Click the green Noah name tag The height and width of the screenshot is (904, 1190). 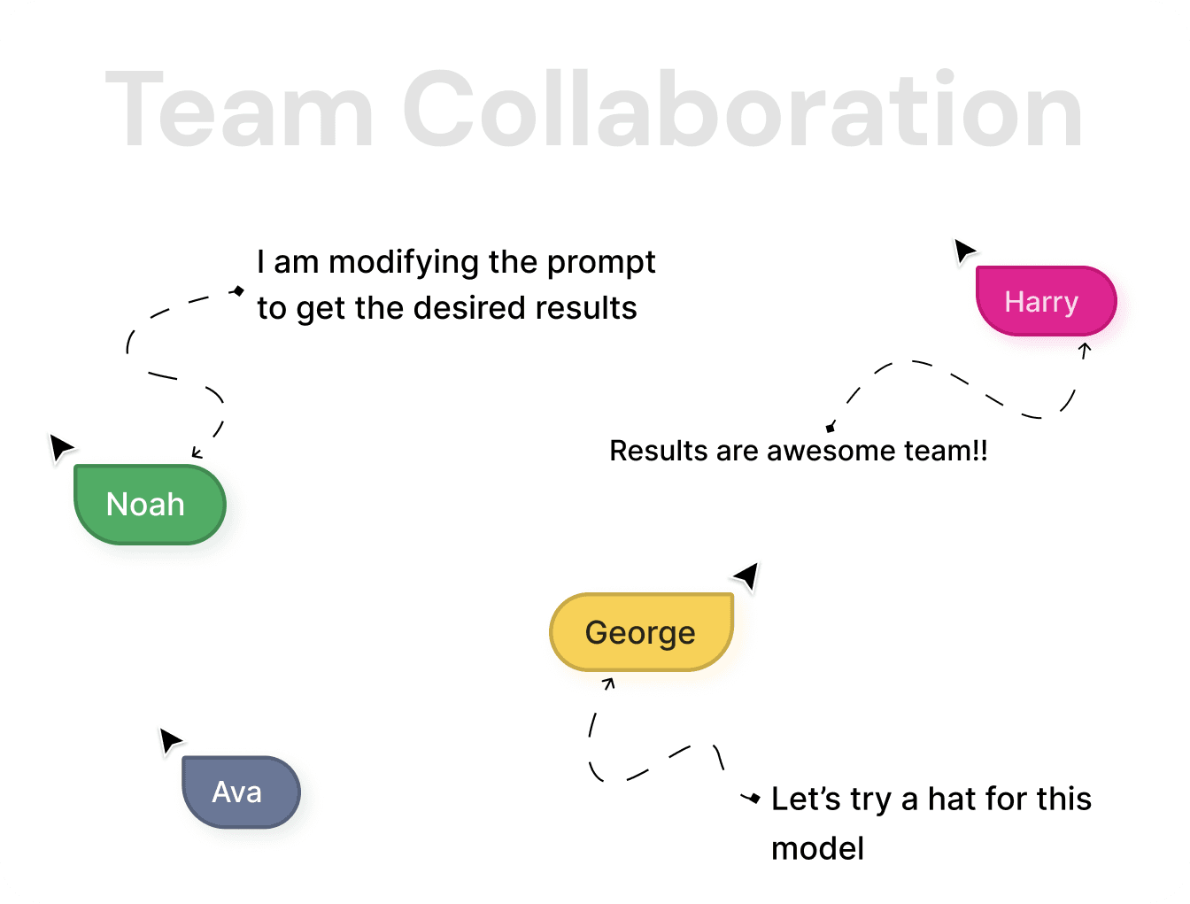point(149,504)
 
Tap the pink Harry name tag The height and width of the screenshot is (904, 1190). point(1045,301)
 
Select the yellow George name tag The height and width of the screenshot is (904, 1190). point(641,632)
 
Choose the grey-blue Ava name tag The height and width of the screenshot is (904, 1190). point(240,792)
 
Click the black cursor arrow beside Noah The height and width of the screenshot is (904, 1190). point(61,446)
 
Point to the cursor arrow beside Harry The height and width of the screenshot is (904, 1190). point(963,251)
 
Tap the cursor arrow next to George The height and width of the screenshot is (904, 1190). point(747,576)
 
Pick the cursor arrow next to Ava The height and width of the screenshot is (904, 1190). point(170,740)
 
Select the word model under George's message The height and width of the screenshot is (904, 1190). point(817,848)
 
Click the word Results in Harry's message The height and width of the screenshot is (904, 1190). point(659,451)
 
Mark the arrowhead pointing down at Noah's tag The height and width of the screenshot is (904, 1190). point(197,454)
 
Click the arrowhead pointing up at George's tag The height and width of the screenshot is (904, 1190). point(608,683)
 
